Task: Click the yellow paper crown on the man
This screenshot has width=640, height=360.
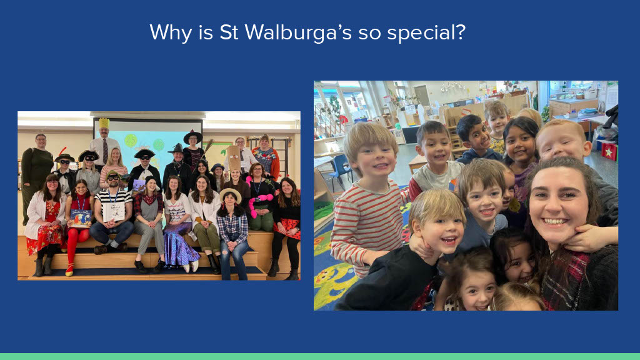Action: (x=104, y=123)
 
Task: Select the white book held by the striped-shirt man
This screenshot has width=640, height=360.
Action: (x=114, y=212)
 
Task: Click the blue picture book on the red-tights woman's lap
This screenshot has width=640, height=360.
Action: (x=81, y=218)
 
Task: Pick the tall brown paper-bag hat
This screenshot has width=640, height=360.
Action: (x=234, y=158)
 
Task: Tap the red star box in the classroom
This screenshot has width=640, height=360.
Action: (x=609, y=151)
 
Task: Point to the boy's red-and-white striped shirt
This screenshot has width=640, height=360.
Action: (x=367, y=224)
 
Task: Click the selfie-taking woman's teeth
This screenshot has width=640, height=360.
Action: (x=556, y=222)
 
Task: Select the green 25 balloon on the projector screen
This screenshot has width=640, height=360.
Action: (x=131, y=141)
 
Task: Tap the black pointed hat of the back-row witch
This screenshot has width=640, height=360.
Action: (x=192, y=136)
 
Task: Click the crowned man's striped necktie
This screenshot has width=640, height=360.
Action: (x=105, y=151)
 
